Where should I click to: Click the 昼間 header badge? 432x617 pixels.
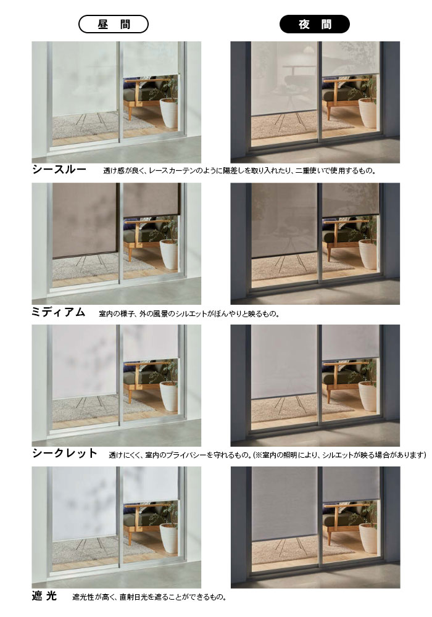(114, 25)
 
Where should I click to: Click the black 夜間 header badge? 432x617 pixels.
(314, 25)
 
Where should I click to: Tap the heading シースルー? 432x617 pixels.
(59, 170)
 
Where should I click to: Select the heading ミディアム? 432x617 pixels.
(58, 312)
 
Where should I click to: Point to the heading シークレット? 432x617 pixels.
(65, 453)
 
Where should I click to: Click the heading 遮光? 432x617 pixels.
(44, 596)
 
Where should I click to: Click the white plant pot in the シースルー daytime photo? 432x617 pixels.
(169, 112)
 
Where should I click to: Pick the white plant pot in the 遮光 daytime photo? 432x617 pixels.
(169, 537)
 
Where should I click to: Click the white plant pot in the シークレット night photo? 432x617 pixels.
(368, 395)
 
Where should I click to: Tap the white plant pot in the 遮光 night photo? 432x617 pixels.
(368, 537)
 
